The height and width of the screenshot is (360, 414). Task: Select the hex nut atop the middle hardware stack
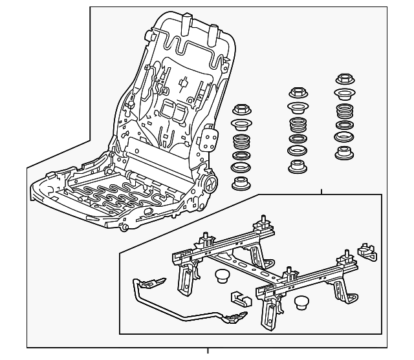point(299,92)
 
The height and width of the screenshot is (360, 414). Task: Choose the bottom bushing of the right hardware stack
point(343,154)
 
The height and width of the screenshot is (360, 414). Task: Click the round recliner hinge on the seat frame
point(210,184)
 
